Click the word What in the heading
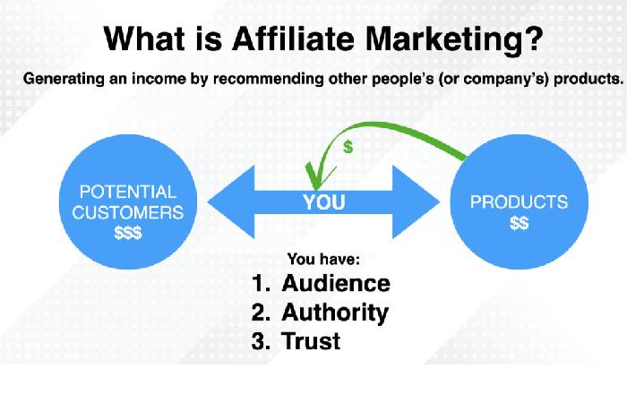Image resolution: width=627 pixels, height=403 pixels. click(x=144, y=39)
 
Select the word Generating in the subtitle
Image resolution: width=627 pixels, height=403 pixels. click(x=64, y=79)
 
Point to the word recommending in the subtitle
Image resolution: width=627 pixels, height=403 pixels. click(x=269, y=79)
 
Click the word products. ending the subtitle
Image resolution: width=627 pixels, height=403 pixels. click(x=588, y=79)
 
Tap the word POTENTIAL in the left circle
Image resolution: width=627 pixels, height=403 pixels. click(x=128, y=192)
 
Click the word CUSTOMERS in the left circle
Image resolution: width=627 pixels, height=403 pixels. click(x=128, y=212)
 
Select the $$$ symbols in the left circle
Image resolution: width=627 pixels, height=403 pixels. click(x=128, y=232)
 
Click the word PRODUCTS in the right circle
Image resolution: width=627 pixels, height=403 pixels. click(x=519, y=201)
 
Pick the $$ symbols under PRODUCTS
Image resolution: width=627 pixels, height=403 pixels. click(x=519, y=223)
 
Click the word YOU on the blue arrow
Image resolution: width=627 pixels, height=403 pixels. click(x=324, y=202)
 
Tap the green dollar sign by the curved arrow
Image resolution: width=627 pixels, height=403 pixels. click(x=348, y=147)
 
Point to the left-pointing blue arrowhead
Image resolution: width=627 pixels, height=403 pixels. click(x=231, y=201)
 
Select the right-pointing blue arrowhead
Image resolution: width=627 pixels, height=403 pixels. click(x=417, y=201)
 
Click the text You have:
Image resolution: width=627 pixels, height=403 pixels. click(x=323, y=260)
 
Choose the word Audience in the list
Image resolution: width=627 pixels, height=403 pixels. click(x=336, y=283)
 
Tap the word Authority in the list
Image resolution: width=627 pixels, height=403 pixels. click(x=335, y=313)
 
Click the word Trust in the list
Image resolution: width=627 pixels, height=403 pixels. click(x=311, y=341)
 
